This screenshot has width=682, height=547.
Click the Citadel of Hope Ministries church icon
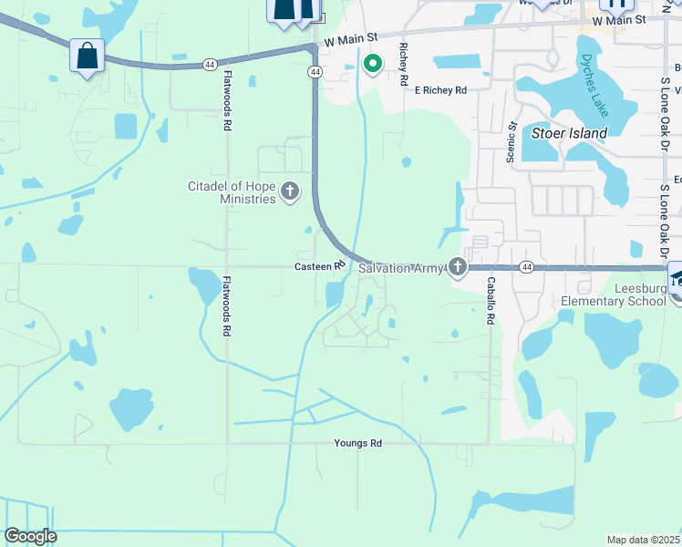click(290, 191)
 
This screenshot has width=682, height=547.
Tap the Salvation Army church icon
click(458, 267)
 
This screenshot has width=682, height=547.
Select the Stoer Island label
click(569, 133)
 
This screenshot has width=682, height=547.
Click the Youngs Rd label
click(357, 443)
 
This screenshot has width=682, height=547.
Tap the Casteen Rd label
click(319, 266)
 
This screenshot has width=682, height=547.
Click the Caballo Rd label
click(491, 301)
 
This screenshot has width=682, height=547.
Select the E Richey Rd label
click(440, 90)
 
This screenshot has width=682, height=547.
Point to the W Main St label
click(618, 19)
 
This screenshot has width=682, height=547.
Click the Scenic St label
click(511, 142)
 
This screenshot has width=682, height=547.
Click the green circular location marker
click(372, 63)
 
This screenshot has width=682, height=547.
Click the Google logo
click(30, 536)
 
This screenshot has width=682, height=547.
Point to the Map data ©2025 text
click(643, 540)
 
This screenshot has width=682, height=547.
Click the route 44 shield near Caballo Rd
click(527, 267)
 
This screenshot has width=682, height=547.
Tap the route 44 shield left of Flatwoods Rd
click(211, 64)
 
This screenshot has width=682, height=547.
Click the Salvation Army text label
click(401, 268)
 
